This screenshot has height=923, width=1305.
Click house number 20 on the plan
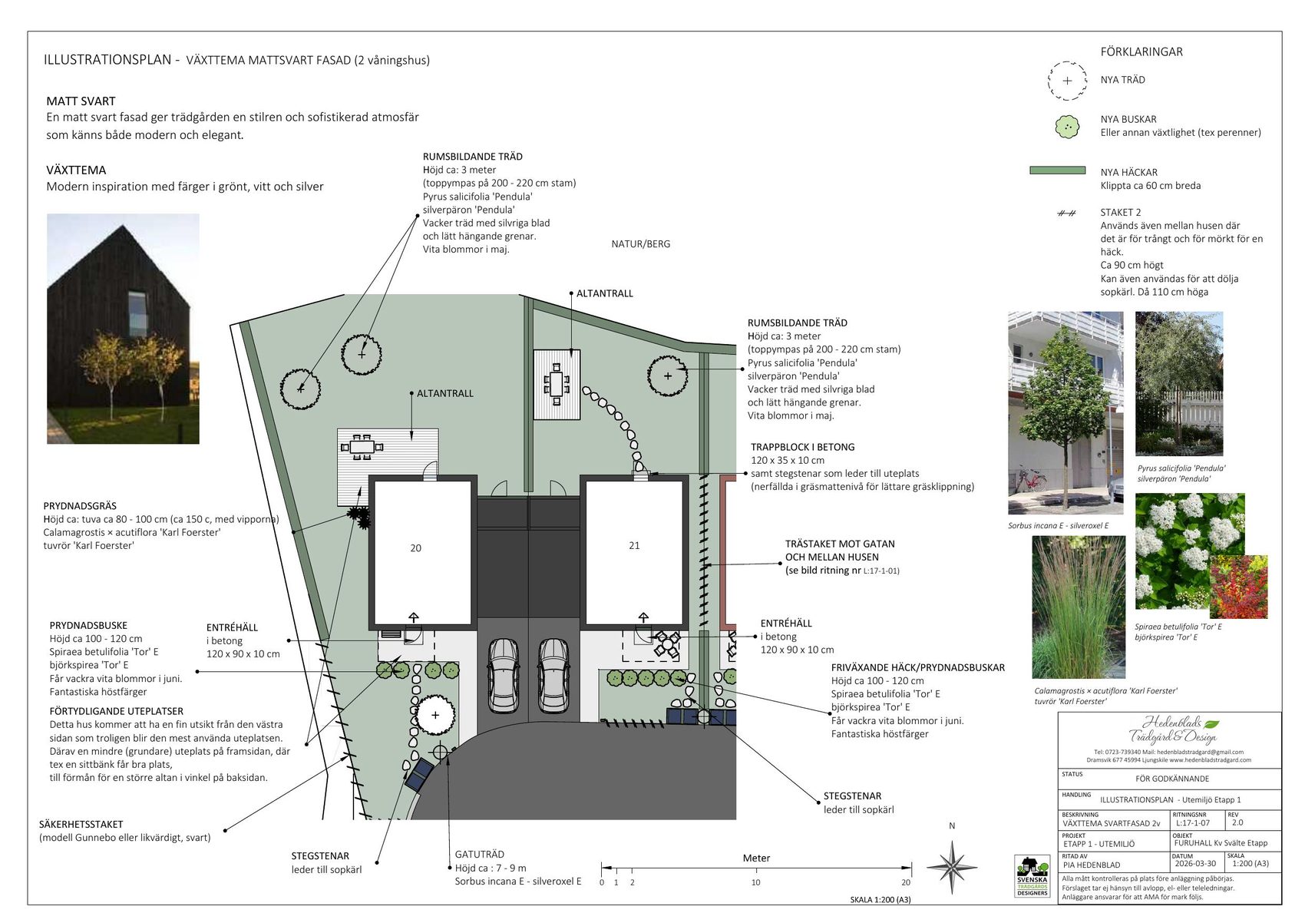pyautogui.click(x=415, y=548)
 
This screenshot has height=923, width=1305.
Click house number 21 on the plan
pyautogui.click(x=634, y=546)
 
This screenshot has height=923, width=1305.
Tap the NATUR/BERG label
pyautogui.click(x=641, y=244)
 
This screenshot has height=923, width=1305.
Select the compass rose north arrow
pyautogui.click(x=951, y=867)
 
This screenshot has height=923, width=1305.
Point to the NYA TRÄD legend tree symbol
pyautogui.click(x=1067, y=81)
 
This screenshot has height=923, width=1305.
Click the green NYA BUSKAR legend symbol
pyautogui.click(x=1067, y=127)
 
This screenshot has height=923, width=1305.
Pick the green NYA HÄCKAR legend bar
pyautogui.click(x=1057, y=170)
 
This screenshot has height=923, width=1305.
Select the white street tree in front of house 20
pyautogui.click(x=435, y=716)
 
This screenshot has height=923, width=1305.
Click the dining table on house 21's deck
pyautogui.click(x=557, y=384)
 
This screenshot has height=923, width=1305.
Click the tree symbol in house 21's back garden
pyautogui.click(x=668, y=376)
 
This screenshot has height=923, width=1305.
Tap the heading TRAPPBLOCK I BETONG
pyautogui.click(x=803, y=448)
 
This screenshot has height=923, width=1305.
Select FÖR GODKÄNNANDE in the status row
pyautogui.click(x=1172, y=779)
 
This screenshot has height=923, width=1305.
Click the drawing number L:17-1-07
pyautogui.click(x=1193, y=823)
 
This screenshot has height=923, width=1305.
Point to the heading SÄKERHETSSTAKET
pyautogui.click(x=81, y=825)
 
